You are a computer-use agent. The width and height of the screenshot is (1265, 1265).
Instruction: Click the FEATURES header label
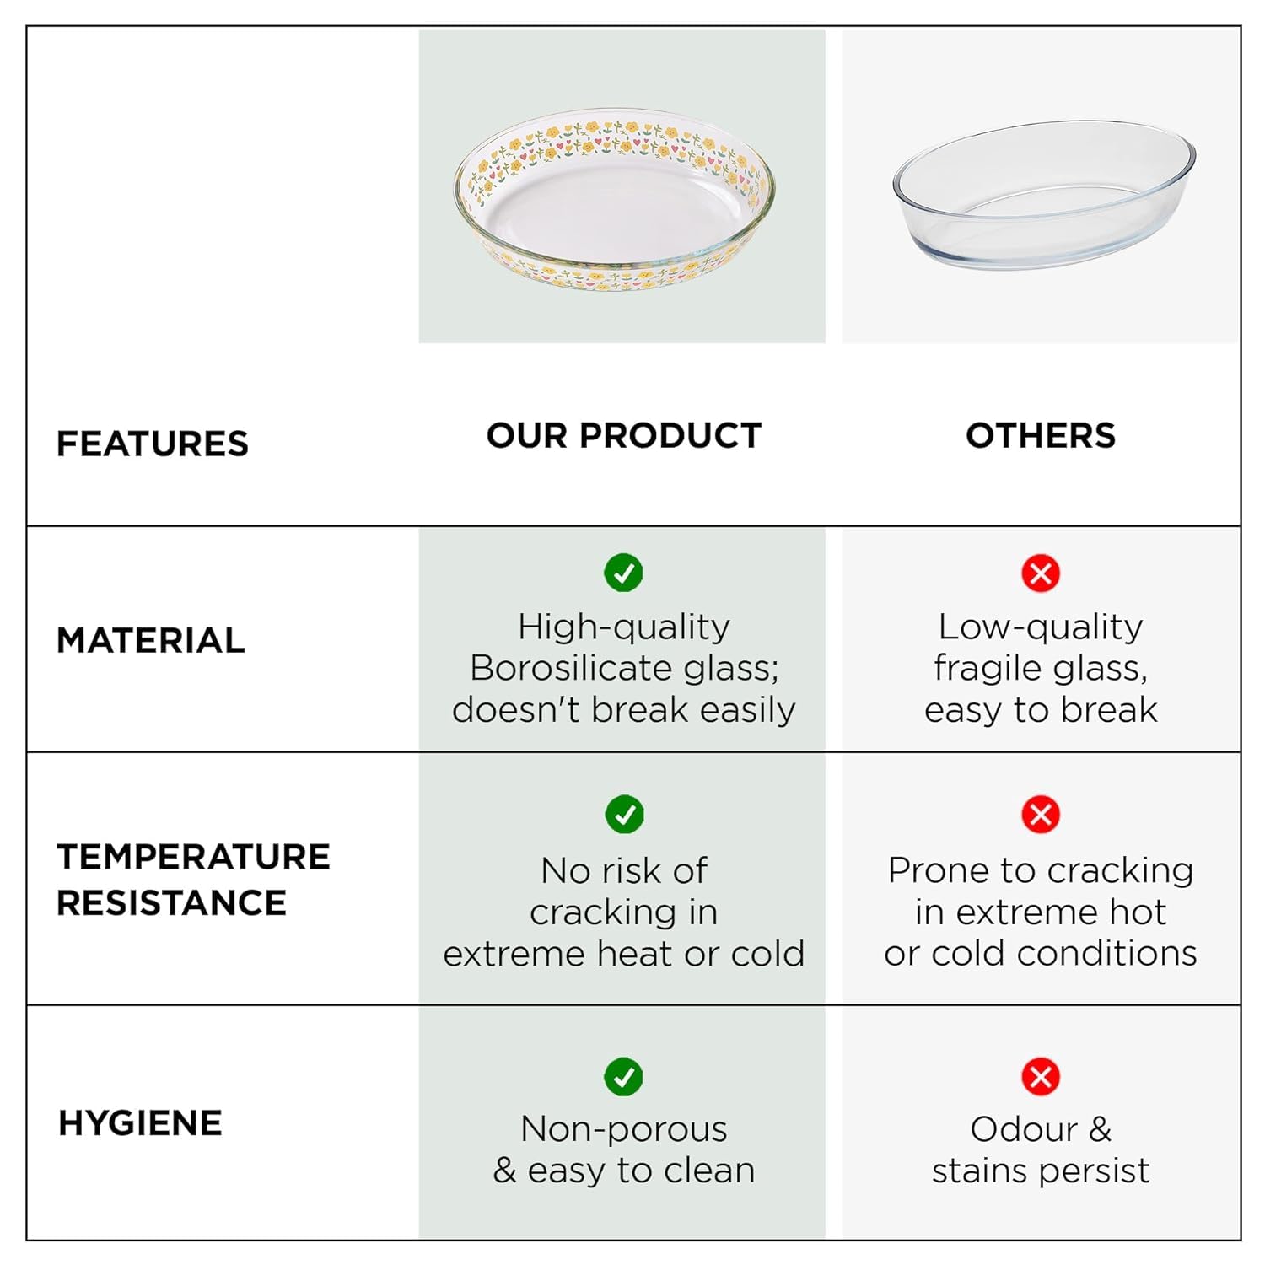pyautogui.click(x=153, y=444)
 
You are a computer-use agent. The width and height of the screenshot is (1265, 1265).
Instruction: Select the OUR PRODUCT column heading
pyautogui.click(x=624, y=435)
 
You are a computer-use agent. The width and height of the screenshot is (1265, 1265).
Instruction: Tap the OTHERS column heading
pyautogui.click(x=1041, y=435)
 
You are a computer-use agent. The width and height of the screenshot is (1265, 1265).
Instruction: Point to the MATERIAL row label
pyautogui.click(x=151, y=640)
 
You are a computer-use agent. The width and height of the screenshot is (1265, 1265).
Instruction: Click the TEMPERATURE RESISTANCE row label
pyautogui.click(x=193, y=879)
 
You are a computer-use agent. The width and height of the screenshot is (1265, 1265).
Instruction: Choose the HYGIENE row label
pyautogui.click(x=140, y=1123)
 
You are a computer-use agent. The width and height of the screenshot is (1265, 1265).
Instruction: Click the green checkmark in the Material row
pyautogui.click(x=624, y=573)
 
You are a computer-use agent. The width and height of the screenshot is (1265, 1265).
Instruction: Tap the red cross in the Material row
pyautogui.click(x=1041, y=573)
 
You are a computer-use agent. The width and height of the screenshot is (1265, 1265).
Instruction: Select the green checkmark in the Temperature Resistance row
pyautogui.click(x=624, y=814)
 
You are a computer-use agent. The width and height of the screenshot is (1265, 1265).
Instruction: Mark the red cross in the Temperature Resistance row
pyautogui.click(x=1041, y=814)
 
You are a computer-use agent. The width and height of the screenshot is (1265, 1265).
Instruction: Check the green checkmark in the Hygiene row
pyautogui.click(x=624, y=1076)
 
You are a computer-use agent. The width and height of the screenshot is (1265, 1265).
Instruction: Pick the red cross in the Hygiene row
pyautogui.click(x=1041, y=1076)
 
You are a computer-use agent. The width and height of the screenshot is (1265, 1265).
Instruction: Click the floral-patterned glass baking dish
pyautogui.click(x=615, y=200)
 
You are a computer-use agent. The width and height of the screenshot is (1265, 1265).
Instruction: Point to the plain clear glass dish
pyautogui.click(x=1044, y=195)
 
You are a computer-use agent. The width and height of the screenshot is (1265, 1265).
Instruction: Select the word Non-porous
pyautogui.click(x=624, y=1130)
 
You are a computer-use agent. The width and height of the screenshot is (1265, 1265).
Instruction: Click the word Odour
pyautogui.click(x=1024, y=1129)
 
